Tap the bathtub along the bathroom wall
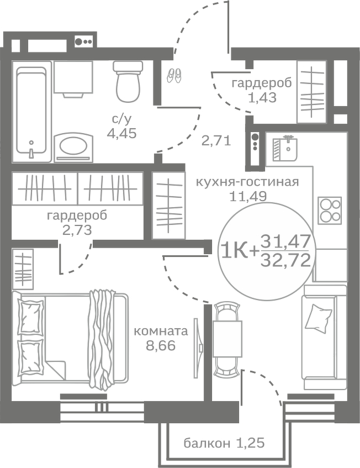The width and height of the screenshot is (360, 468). point(31,111)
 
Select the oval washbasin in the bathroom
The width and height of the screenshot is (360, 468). point(73,146)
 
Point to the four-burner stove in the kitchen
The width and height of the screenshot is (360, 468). point(330,211)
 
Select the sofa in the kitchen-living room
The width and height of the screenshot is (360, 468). point(322,337)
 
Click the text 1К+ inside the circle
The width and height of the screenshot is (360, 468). point(239,250)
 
